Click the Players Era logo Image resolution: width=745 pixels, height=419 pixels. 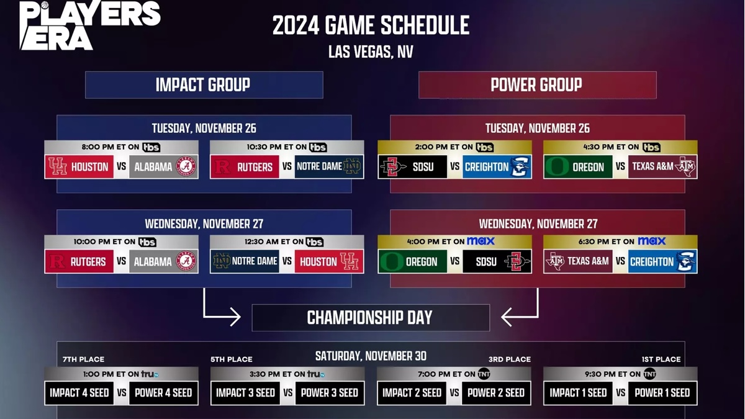(90, 25)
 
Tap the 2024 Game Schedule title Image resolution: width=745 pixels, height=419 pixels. (371, 25)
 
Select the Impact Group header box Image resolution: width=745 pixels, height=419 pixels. (204, 85)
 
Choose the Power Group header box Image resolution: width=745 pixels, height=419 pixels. (538, 85)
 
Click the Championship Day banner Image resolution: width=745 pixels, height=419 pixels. (371, 318)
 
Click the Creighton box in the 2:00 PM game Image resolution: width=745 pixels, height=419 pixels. (497, 166)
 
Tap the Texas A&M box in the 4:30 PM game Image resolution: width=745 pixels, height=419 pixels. (662, 166)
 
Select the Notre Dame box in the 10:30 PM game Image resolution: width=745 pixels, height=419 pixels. (329, 166)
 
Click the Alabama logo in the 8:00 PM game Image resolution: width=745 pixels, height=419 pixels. (186, 166)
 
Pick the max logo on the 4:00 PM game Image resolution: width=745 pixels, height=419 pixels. (481, 241)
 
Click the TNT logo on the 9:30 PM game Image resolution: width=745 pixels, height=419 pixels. (649, 374)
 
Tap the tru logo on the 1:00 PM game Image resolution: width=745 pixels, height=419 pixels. (150, 374)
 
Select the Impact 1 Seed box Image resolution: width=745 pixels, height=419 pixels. (578, 393)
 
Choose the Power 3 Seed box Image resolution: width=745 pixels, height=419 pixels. (330, 393)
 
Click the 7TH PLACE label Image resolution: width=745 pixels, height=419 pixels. (83, 359)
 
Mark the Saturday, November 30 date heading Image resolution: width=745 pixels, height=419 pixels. (371, 356)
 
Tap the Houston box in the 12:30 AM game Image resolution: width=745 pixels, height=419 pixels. (329, 261)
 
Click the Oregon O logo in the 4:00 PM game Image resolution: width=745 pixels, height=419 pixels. (392, 262)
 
